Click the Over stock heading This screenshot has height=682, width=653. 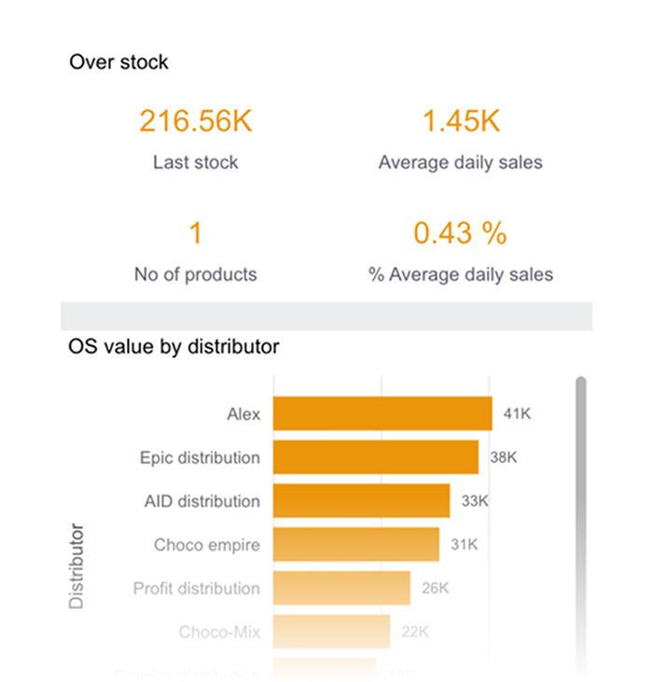pos(118,63)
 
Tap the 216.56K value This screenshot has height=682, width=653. pos(196,121)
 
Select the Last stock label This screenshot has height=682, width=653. pos(196,162)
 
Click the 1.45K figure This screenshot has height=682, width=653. pos(461,121)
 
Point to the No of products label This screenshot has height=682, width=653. pos(196,274)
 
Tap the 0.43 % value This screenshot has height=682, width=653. pos(461,233)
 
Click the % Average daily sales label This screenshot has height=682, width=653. pos(461,274)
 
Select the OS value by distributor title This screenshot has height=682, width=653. pos(174,347)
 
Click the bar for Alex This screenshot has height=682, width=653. pos(382,413)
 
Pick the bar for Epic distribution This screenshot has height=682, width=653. pos(376,457)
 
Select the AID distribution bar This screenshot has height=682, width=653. pos(362,501)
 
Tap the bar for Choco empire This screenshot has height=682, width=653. pos(356,545)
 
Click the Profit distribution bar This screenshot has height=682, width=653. pos(341,589)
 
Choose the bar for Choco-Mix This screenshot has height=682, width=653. pos(331,632)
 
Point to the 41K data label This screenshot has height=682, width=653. pos(517,413)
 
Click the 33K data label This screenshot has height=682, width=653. pos(475,501)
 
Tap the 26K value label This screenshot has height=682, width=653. pos(435,589)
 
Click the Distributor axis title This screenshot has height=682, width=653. pos(76,566)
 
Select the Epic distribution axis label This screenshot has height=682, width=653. pos(200,457)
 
